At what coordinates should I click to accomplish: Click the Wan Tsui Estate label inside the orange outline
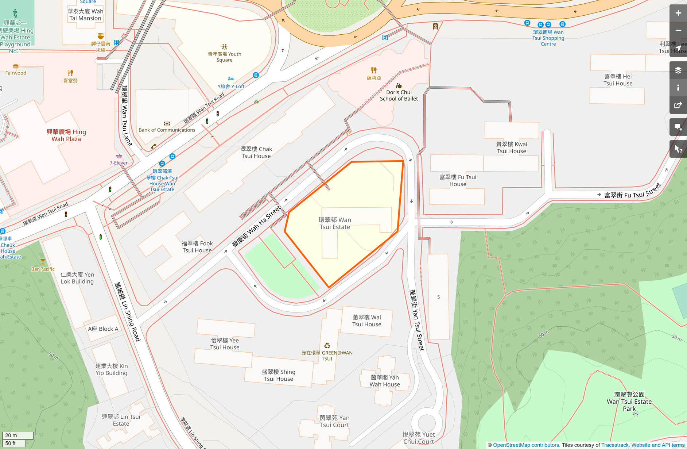coord(335,223)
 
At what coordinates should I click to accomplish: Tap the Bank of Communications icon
coord(167,124)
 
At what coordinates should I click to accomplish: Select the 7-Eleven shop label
coord(119,163)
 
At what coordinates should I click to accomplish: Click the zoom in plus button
coord(678,13)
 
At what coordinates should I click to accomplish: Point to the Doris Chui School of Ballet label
coord(399,95)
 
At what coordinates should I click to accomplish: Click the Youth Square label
coord(224,57)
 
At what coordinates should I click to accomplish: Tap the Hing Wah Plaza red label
coord(66,135)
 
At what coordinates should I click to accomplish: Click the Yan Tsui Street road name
coord(416,321)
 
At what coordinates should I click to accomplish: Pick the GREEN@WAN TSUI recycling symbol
coord(327,345)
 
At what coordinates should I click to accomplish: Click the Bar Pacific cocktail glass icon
coord(43,262)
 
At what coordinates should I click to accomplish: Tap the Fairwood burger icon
coord(16,66)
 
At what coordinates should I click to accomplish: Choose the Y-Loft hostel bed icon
coord(231,78)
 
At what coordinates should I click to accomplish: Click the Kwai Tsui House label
coord(511,147)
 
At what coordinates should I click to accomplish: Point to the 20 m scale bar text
coord(11,435)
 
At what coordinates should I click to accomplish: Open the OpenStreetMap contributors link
coord(526,445)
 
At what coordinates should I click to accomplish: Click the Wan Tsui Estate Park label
coord(629,402)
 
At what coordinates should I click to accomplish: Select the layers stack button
coord(678,70)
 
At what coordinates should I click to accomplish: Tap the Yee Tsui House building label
coord(225,344)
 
